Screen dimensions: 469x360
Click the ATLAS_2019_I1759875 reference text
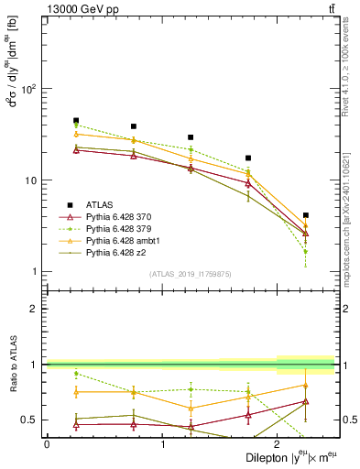(x=190, y=273)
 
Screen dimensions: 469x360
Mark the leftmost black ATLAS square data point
(x=76, y=120)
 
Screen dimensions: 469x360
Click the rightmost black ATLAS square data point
(x=305, y=215)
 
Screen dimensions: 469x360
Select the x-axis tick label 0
(x=47, y=444)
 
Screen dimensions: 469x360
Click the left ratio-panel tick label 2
(x=34, y=309)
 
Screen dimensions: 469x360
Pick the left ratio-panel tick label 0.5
(x=30, y=420)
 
